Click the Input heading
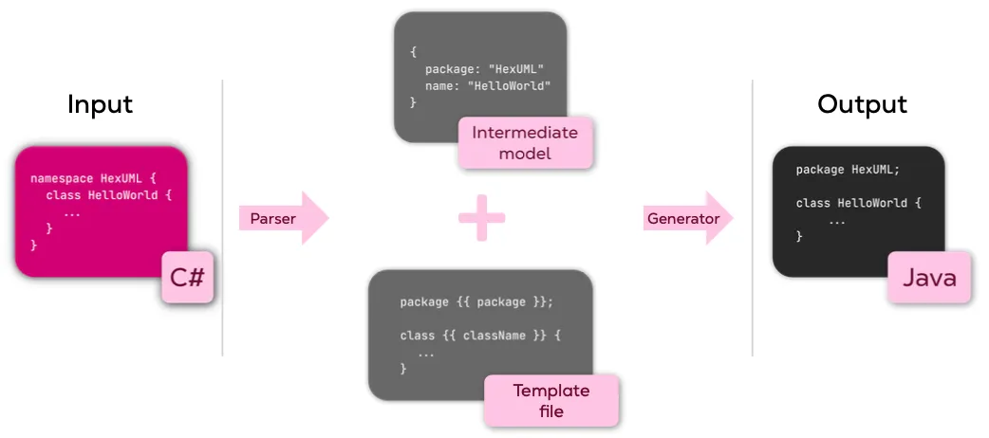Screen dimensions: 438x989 tap(100, 104)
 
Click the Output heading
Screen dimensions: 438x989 tap(862, 104)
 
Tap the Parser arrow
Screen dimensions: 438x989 tap(282, 219)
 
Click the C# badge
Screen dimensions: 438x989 tap(188, 278)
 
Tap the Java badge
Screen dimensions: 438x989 tap(929, 278)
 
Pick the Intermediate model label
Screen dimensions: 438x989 tap(525, 142)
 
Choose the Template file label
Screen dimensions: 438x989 tap(551, 400)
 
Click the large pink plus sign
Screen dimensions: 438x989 tap(482, 218)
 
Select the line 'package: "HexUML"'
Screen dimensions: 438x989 tap(483, 69)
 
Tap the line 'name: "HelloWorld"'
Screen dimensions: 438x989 tap(488, 86)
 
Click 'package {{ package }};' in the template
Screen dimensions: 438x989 tap(476, 302)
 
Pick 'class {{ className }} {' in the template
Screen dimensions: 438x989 tap(481, 336)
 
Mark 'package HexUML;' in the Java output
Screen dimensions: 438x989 tap(848, 170)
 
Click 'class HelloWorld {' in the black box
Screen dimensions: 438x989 tap(858, 203)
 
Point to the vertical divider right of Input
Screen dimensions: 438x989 tap(222, 218)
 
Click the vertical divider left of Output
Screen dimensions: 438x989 tap(753, 218)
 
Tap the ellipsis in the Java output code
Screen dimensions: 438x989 tap(836, 220)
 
